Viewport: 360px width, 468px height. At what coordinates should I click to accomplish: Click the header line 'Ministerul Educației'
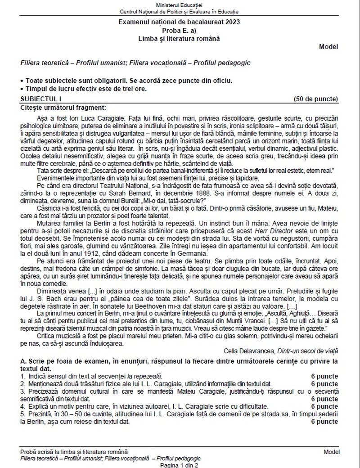tap(180, 4)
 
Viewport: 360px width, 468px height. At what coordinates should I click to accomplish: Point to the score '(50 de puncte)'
tap(315, 99)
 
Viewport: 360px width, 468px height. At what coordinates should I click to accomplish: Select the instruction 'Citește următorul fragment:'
tap(63, 107)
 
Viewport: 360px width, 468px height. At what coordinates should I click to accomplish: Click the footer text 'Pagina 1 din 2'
tap(179, 465)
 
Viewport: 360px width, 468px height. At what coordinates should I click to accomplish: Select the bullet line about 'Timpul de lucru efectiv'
tap(85, 89)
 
